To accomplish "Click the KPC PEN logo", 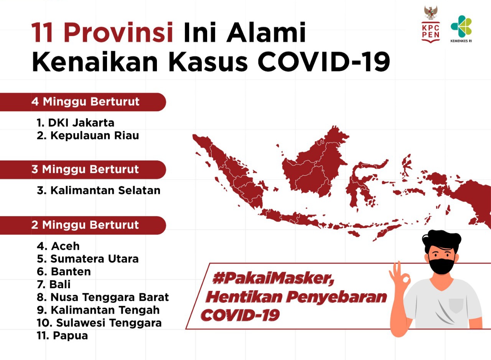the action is point(431,24).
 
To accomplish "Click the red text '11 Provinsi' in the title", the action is point(102,32).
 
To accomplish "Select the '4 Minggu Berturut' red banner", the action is point(83,102).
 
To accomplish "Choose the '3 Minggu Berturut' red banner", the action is point(83,170).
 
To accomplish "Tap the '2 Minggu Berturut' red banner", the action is point(83,225).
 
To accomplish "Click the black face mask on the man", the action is point(441,266).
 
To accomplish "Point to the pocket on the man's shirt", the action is point(456,306).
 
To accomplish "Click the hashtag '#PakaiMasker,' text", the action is point(273,279).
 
